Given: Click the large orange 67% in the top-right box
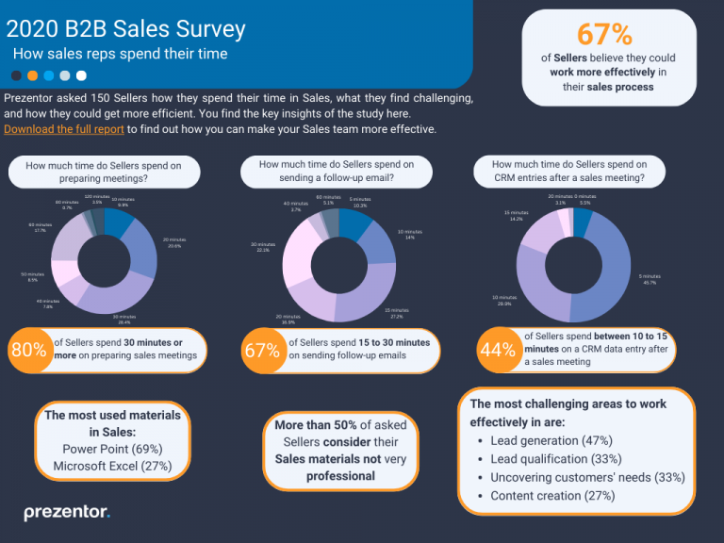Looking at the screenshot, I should coord(604,34).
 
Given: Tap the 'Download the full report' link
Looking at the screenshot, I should coord(64,129).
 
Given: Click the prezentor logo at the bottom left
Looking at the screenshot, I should coord(67,513).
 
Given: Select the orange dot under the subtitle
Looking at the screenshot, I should coord(33,75).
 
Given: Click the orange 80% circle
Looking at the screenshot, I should coord(28,351).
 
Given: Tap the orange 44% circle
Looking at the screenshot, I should coord(497,350).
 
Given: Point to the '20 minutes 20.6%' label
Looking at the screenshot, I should coord(173,242).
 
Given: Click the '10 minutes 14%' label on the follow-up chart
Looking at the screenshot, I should coord(409,234).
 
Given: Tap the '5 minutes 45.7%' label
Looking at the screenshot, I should coord(650,279).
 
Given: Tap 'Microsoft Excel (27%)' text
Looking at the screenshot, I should coord(111,466).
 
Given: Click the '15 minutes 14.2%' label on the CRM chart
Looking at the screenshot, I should coord(516,215).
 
